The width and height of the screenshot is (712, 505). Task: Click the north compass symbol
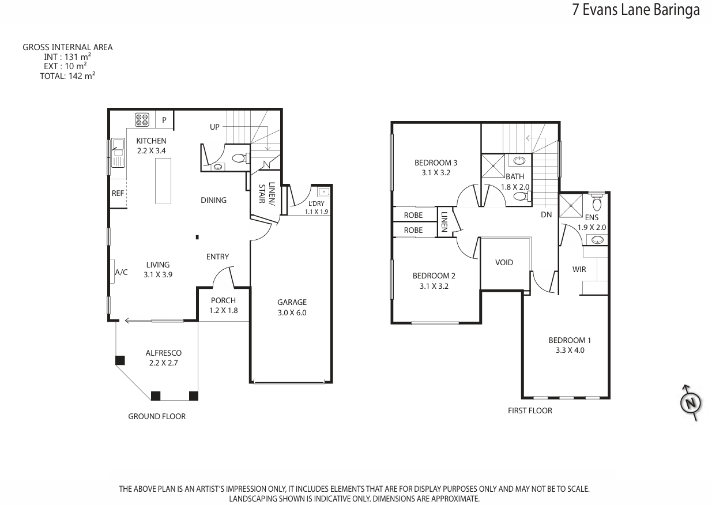(691, 402)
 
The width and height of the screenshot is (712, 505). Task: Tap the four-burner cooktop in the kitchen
(142, 120)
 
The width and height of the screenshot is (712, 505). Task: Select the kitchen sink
(118, 153)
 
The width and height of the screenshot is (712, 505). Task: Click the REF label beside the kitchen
(118, 193)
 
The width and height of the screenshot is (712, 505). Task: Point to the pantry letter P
(164, 120)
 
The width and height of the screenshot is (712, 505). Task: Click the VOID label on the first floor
(504, 262)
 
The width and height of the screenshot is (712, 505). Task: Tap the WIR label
(579, 269)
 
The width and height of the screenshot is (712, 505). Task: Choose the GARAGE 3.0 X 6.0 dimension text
(292, 307)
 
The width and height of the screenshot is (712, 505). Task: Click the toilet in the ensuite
(597, 201)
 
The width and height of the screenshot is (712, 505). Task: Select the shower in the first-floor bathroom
(493, 166)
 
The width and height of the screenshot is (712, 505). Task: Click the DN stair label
(547, 215)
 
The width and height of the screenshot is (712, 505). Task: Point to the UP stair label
(214, 127)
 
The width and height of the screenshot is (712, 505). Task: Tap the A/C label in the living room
(121, 272)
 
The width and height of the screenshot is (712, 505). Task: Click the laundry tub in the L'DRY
(324, 191)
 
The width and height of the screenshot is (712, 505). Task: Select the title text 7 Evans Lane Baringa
(636, 10)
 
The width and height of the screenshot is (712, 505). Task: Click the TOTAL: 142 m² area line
(67, 76)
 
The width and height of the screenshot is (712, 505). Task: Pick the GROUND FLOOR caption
(157, 416)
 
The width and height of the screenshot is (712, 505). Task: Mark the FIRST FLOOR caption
(530, 410)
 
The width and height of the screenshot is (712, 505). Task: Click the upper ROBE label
(413, 215)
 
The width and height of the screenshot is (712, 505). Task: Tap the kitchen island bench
(163, 181)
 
